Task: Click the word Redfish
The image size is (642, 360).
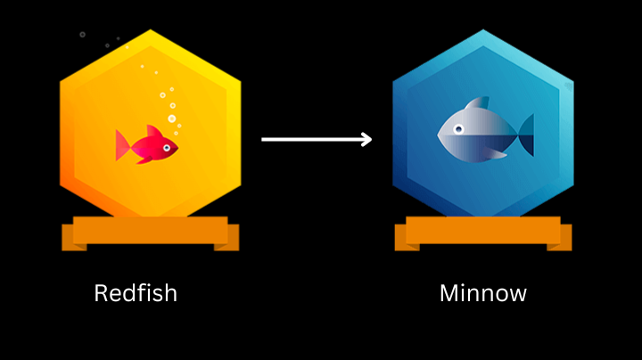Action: tap(136, 293)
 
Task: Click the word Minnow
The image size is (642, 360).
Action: tap(483, 293)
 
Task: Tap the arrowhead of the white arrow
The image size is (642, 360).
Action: tap(366, 140)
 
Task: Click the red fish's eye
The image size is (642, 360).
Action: tap(167, 148)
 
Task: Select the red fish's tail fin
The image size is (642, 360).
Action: tap(122, 145)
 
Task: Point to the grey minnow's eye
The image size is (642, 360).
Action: tap(458, 130)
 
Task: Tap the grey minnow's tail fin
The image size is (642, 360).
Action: tap(527, 135)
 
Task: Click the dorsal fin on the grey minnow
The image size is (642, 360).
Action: tap(479, 102)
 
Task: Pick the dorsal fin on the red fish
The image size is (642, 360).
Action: tap(153, 131)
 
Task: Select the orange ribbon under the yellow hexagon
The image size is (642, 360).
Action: tap(151, 233)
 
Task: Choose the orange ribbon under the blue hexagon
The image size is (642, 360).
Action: tap(483, 233)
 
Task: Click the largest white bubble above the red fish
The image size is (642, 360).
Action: tap(172, 119)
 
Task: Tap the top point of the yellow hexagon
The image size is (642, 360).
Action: tap(151, 29)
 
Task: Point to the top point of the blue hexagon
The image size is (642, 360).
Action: tap(483, 29)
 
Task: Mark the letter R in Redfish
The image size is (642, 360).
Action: tap(101, 293)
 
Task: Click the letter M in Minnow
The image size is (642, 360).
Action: tap(449, 293)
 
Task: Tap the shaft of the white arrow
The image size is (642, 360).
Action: tap(311, 140)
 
